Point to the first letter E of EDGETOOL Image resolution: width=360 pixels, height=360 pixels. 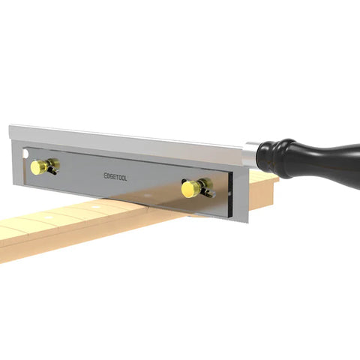[105, 176]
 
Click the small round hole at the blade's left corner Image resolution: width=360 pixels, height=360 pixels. [27, 153]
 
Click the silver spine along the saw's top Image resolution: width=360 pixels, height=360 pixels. [127, 140]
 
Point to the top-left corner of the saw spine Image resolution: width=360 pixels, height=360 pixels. [10, 127]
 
